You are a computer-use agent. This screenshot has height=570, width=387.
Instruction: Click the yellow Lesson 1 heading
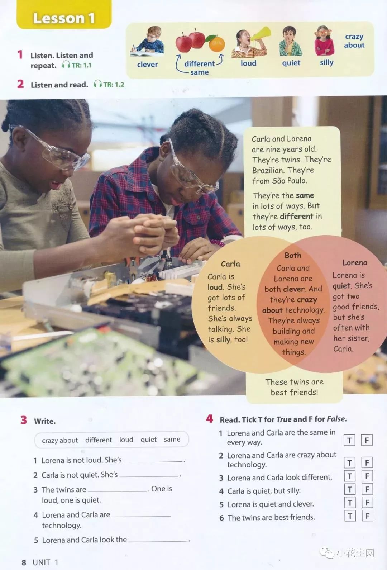click(x=64, y=18)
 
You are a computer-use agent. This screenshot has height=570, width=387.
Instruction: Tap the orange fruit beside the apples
click(x=217, y=44)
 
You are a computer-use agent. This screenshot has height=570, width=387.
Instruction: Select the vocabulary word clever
click(x=147, y=65)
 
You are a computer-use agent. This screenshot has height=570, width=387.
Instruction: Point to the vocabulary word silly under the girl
click(x=326, y=63)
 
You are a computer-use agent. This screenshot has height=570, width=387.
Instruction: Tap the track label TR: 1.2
click(x=114, y=84)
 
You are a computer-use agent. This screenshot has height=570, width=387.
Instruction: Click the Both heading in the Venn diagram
click(x=293, y=255)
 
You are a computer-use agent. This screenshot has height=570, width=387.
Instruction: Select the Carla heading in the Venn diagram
click(x=230, y=264)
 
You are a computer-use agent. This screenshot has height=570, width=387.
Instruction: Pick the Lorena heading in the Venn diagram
click(x=355, y=263)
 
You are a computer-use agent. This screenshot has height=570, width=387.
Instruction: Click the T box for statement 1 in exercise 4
click(x=349, y=440)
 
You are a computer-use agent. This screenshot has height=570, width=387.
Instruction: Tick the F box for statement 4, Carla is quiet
click(x=367, y=489)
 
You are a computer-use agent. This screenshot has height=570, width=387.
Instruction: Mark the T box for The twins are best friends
click(x=350, y=516)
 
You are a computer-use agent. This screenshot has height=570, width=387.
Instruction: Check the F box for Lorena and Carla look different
click(x=367, y=476)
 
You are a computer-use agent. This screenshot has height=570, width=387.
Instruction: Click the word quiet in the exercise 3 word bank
click(x=149, y=440)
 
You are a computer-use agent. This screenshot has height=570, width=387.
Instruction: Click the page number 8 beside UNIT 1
click(x=24, y=562)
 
